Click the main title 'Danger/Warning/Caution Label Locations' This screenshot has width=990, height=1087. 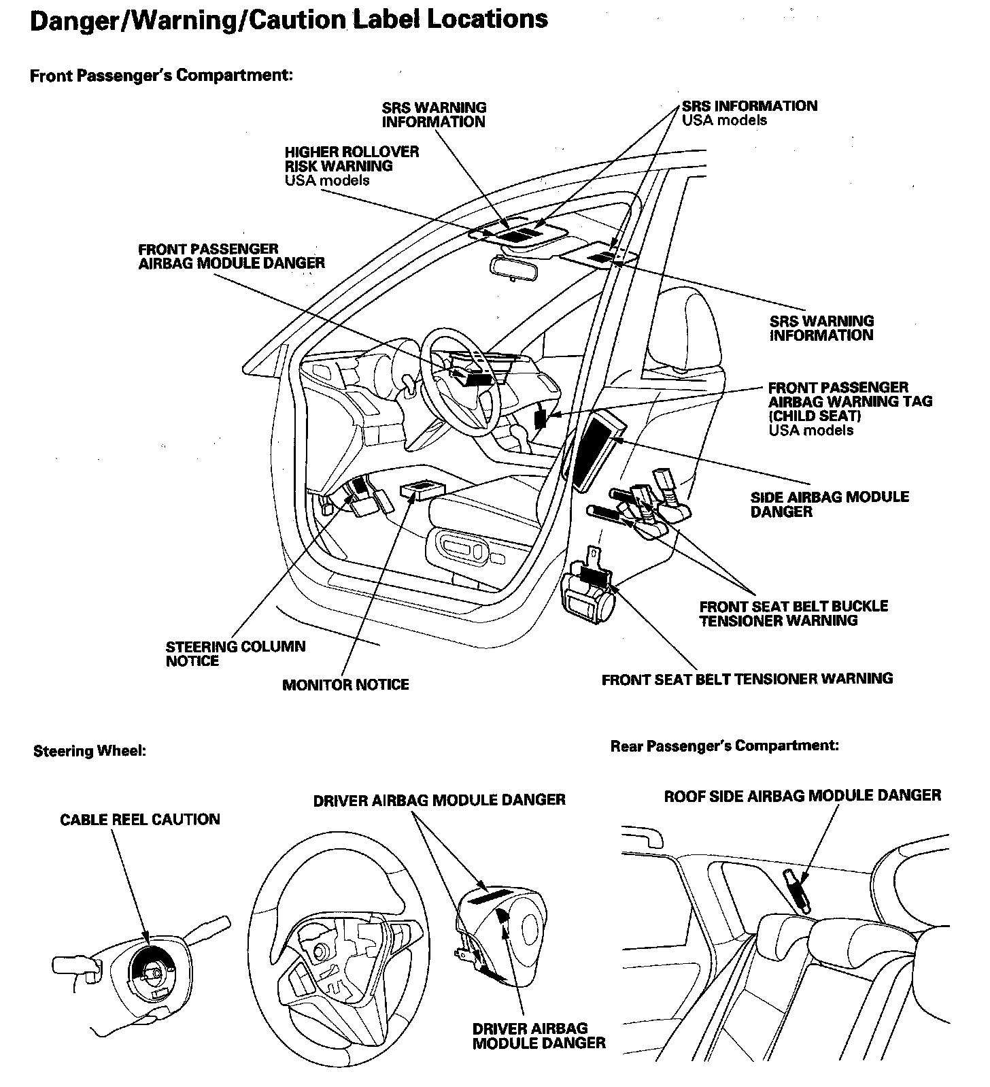289,19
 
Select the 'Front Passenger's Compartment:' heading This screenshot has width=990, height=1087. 161,75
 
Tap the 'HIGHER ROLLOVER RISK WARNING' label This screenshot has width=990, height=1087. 352,158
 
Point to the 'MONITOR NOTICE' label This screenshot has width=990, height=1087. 345,684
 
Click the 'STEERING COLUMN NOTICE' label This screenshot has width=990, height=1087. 235,653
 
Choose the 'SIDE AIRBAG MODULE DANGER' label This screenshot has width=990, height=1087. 830,504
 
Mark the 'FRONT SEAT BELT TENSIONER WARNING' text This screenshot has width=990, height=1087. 747,678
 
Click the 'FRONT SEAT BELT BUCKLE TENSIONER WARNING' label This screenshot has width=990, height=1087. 793,613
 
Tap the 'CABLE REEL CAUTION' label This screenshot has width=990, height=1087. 140,819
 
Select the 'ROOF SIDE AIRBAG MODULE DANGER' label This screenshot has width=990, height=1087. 802,795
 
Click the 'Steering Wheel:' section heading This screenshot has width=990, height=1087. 90,751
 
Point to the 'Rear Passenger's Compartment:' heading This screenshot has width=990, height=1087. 724,746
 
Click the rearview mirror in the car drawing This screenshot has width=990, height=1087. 513,267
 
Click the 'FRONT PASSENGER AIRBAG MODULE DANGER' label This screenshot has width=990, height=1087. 231,256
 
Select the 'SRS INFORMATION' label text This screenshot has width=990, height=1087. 749,106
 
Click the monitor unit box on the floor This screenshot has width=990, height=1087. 422,488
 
